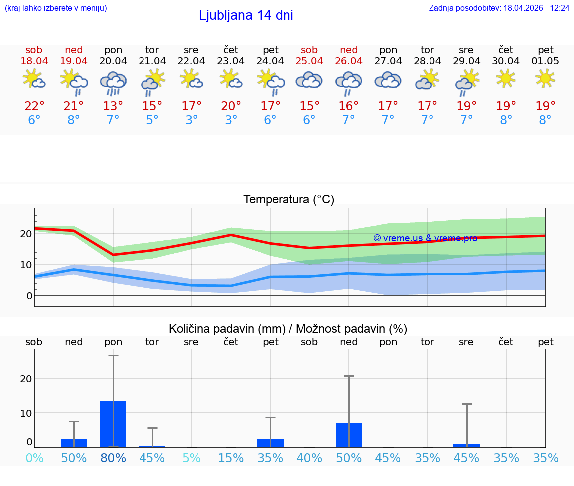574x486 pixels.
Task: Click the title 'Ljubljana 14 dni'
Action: pyautogui.click(x=246, y=15)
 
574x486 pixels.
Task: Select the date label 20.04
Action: pyautogui.click(x=113, y=61)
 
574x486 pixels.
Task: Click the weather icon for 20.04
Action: pyautogui.click(x=113, y=82)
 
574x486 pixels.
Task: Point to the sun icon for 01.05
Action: pyautogui.click(x=545, y=78)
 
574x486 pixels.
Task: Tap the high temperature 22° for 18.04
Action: pyautogui.click(x=34, y=106)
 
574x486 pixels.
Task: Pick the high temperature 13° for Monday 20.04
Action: pyautogui.click(x=113, y=106)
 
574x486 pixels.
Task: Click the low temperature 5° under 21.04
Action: pyautogui.click(x=152, y=120)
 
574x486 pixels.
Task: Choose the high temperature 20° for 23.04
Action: pyautogui.click(x=231, y=106)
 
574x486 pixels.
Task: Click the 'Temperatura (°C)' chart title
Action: pyautogui.click(x=288, y=200)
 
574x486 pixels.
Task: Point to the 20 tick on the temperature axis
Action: pyautogui.click(x=26, y=234)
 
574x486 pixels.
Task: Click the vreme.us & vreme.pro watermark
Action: pyautogui.click(x=425, y=238)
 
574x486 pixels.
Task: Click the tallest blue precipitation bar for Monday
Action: pyautogui.click(x=113, y=424)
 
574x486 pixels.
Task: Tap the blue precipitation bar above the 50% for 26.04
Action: pyautogui.click(x=349, y=435)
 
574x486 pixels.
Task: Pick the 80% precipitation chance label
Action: pyautogui.click(x=113, y=458)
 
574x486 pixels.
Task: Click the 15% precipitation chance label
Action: pyautogui.click(x=231, y=458)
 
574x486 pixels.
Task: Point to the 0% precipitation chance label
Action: pyautogui.click(x=34, y=458)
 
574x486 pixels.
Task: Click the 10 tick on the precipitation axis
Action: pyautogui.click(x=26, y=413)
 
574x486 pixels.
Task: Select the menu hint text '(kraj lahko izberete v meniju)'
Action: pyautogui.click(x=56, y=8)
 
